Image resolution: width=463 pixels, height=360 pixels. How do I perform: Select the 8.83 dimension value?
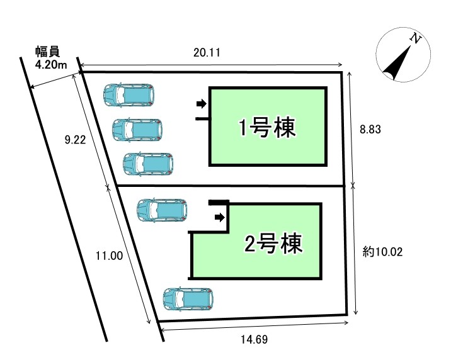[x=371, y=128]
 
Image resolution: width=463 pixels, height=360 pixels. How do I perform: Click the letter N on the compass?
[x=415, y=39]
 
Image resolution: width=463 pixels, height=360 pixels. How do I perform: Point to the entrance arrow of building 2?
[x=219, y=217]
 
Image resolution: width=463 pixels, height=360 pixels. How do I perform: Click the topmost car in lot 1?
[x=129, y=94]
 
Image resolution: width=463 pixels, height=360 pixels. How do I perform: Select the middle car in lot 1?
[x=137, y=130]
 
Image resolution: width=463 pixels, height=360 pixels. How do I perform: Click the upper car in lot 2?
[x=163, y=210]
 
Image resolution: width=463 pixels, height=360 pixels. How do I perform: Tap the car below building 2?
[x=188, y=299]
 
